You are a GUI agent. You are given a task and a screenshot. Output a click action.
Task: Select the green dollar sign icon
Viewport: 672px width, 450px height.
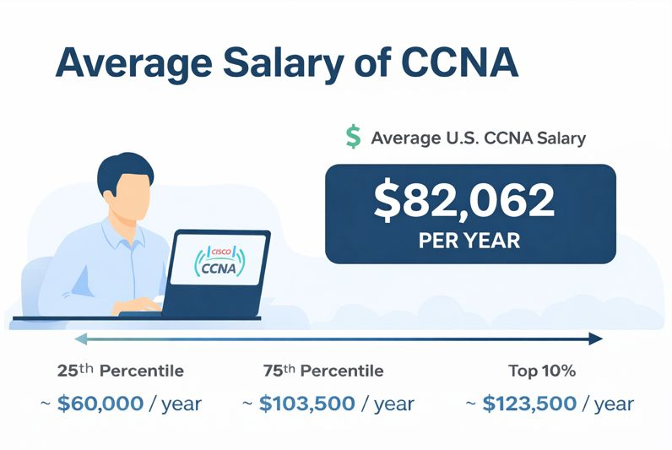coord(353,138)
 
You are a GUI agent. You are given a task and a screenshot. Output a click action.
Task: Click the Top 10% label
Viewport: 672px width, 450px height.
coord(543,371)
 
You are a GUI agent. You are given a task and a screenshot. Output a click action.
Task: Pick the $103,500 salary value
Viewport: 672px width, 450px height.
coord(306,404)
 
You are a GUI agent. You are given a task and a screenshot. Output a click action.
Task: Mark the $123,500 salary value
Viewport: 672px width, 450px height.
coord(529,404)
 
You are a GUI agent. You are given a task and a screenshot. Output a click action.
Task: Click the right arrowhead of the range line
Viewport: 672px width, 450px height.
coord(596,339)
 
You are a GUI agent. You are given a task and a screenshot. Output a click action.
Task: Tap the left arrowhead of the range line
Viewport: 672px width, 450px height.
coord(79,339)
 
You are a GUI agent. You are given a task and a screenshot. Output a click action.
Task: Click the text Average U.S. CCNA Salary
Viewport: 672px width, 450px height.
coord(478,138)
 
